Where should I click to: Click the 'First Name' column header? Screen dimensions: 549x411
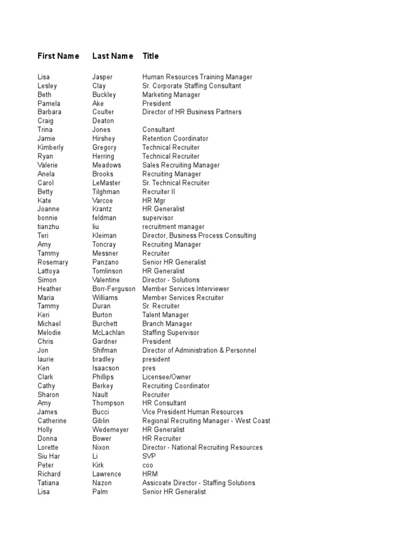(x=58, y=56)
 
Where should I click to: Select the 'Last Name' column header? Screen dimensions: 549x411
(x=112, y=56)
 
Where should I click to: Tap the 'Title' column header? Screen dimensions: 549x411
(x=150, y=56)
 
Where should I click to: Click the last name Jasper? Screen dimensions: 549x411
(x=102, y=77)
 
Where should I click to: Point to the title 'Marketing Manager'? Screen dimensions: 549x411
(x=171, y=94)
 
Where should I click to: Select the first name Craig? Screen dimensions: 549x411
(x=45, y=121)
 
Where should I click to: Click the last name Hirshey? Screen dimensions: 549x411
(x=104, y=138)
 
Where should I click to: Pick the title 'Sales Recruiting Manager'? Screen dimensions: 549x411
(x=181, y=165)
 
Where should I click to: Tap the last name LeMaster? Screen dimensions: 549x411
(x=106, y=183)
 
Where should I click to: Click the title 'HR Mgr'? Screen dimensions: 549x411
(x=154, y=201)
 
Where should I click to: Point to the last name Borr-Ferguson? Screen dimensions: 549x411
(x=113, y=288)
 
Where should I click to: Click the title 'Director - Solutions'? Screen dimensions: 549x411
(x=171, y=280)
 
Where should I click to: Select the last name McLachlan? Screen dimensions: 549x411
(x=108, y=332)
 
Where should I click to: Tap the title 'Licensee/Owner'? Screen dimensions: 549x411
(x=166, y=377)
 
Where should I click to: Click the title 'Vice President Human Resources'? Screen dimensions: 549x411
(x=193, y=412)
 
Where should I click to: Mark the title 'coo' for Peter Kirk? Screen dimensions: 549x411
(x=148, y=465)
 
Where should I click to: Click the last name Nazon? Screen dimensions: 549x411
(x=102, y=483)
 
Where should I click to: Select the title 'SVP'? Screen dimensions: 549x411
(x=149, y=456)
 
